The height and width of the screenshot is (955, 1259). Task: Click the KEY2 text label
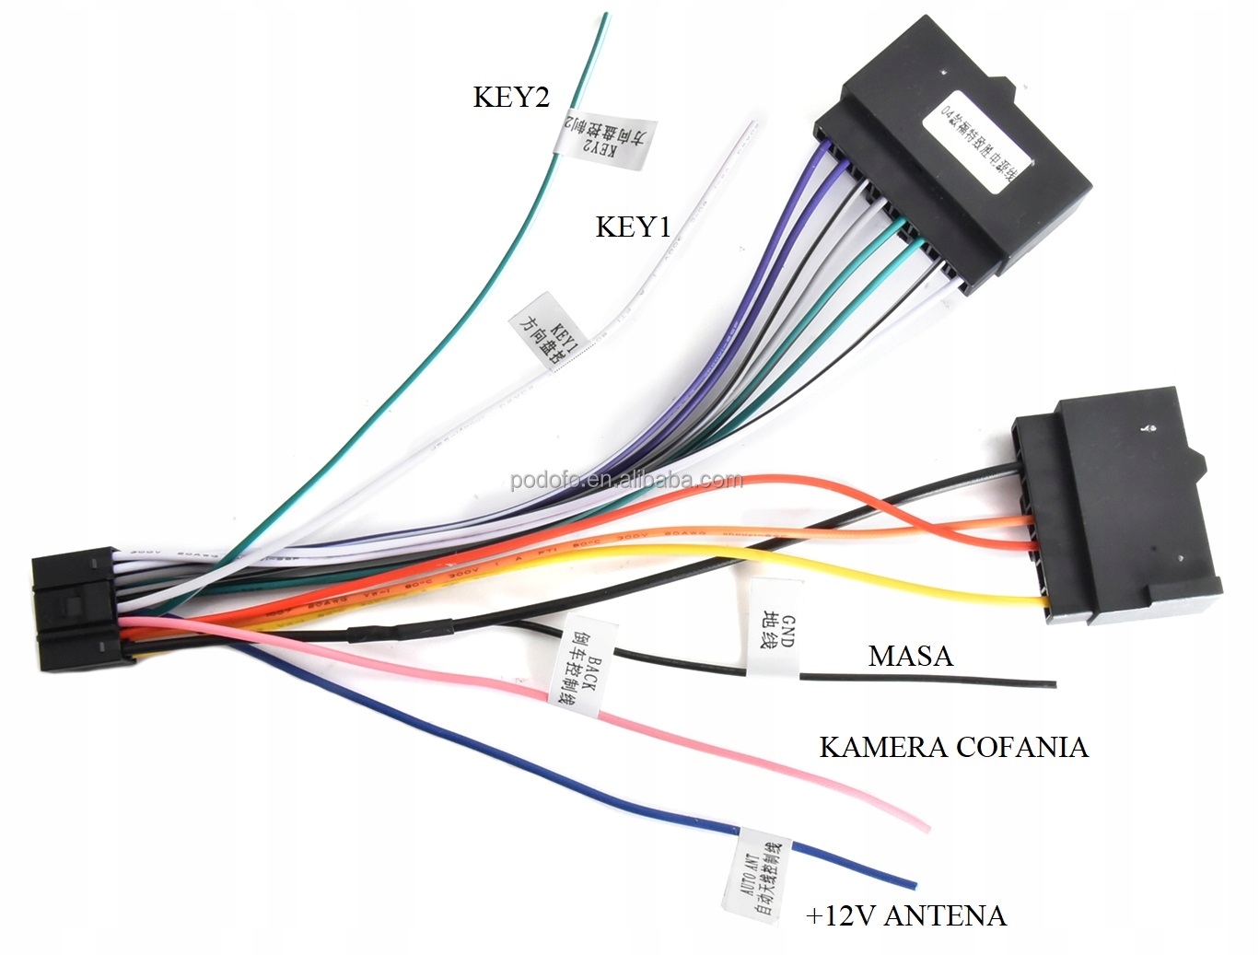pos(511,97)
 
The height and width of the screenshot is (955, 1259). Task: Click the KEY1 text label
pos(633,227)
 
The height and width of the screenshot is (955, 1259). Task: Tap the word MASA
pos(910,656)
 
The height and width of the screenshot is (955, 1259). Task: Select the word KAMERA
pos(882,746)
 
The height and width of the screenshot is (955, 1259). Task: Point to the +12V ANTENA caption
pos(905,915)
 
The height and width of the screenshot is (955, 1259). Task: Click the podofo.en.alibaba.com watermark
pos(626,481)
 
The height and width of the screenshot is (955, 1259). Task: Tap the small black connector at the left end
pos(78,610)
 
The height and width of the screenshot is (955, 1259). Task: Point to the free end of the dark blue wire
pos(913,885)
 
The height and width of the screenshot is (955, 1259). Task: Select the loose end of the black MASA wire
pos(1053,684)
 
